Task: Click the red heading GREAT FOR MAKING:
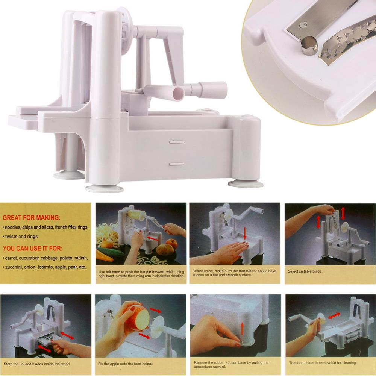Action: [x=31, y=217]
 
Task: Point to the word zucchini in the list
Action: [x=12, y=267]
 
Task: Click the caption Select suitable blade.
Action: [x=305, y=271]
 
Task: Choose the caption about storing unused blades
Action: [x=37, y=364]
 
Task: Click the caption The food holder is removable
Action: [x=322, y=363]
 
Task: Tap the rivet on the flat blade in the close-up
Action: [x=302, y=25]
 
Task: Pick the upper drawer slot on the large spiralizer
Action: [x=176, y=142]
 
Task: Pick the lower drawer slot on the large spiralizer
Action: [x=176, y=164]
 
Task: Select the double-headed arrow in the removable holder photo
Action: [x=334, y=315]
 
